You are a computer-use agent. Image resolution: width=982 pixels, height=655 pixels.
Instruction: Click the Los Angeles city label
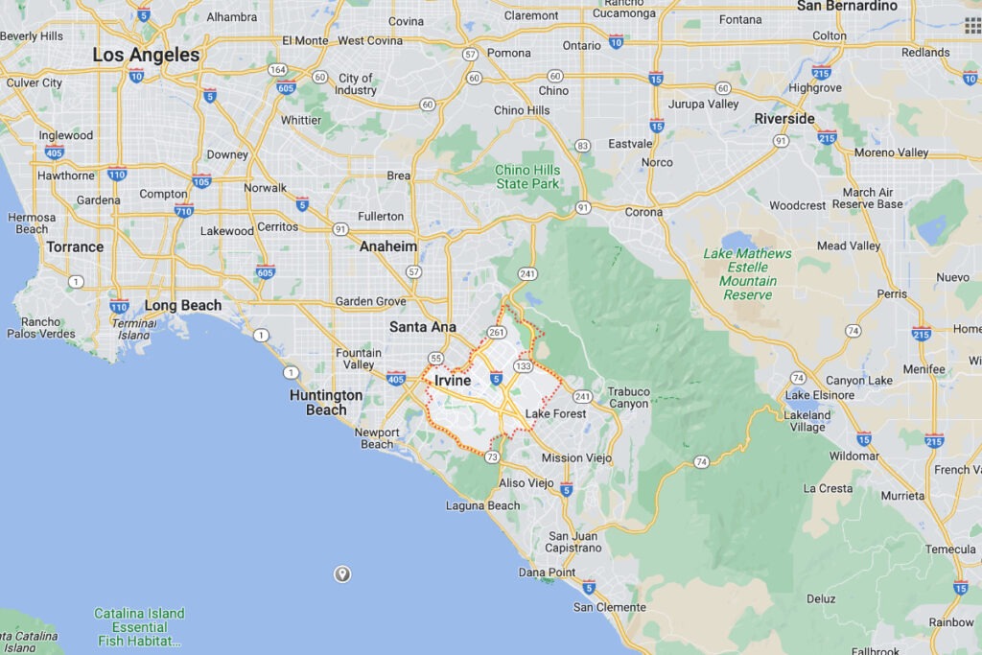(146, 55)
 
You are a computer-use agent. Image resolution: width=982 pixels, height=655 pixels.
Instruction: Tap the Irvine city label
(453, 381)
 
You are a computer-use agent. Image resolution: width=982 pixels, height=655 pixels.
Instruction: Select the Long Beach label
(182, 306)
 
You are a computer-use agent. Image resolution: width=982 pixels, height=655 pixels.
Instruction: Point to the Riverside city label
(783, 119)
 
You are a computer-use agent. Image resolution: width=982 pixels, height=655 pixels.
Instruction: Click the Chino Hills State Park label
(526, 176)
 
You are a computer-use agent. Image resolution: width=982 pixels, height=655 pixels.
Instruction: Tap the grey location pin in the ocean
(341, 574)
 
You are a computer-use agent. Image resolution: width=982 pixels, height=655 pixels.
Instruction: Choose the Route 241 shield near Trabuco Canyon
(582, 396)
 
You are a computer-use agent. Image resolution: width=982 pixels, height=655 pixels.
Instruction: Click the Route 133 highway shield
(524, 366)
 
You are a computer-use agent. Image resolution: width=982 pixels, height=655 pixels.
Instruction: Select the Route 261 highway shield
(496, 333)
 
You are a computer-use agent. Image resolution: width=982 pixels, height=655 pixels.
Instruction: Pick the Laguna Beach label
(483, 505)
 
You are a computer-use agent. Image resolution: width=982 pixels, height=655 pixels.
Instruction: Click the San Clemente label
(610, 607)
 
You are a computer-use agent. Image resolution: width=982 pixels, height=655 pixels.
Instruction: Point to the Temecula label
(950, 550)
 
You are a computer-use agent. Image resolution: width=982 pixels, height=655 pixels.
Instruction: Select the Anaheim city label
(388, 246)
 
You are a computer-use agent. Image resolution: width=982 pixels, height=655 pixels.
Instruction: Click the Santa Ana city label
(422, 327)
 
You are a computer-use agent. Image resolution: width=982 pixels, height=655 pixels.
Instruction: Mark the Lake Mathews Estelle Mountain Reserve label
(748, 274)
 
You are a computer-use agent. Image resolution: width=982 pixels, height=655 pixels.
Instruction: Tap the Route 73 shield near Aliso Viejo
(492, 457)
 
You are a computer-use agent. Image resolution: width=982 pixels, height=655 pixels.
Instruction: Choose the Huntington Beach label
(326, 402)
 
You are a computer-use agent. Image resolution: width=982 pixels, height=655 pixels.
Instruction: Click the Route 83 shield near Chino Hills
(582, 146)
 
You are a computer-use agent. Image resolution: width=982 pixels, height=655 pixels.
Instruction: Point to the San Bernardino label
(847, 7)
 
